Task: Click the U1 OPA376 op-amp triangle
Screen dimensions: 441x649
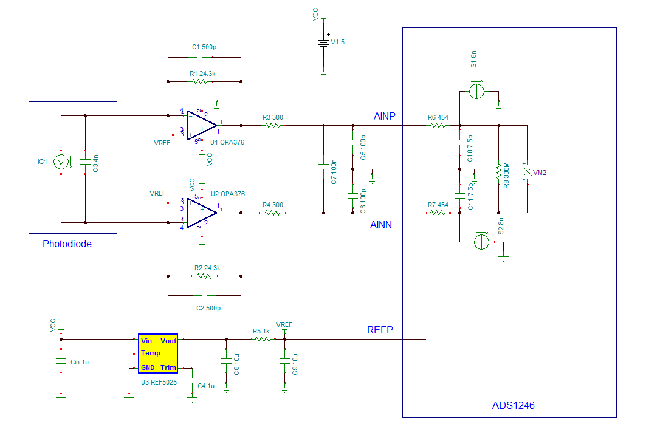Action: pos(201,126)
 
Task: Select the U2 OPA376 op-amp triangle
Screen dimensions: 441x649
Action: pos(201,213)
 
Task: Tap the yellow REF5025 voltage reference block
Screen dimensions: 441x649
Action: pos(157,353)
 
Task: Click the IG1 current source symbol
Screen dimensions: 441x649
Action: pos(61,162)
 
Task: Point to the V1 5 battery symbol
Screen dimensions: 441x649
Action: pos(323,43)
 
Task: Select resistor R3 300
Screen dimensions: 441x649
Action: pos(272,126)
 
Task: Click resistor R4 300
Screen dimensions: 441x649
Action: pos(272,213)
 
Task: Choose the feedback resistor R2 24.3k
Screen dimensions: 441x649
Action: pos(204,276)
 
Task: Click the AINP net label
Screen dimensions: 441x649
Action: pos(384,116)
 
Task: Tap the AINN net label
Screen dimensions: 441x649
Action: pos(381,225)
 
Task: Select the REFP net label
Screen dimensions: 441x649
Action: pos(380,330)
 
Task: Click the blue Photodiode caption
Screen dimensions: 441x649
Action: pos(67,244)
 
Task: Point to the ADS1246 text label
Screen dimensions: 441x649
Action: pos(513,405)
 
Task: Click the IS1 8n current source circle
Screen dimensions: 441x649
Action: pos(478,92)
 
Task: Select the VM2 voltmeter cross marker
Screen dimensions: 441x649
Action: pos(527,173)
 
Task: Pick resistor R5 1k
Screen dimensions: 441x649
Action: pos(261,340)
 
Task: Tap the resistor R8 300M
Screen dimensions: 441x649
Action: pos(498,169)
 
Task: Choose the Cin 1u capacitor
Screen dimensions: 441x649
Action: pos(61,361)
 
